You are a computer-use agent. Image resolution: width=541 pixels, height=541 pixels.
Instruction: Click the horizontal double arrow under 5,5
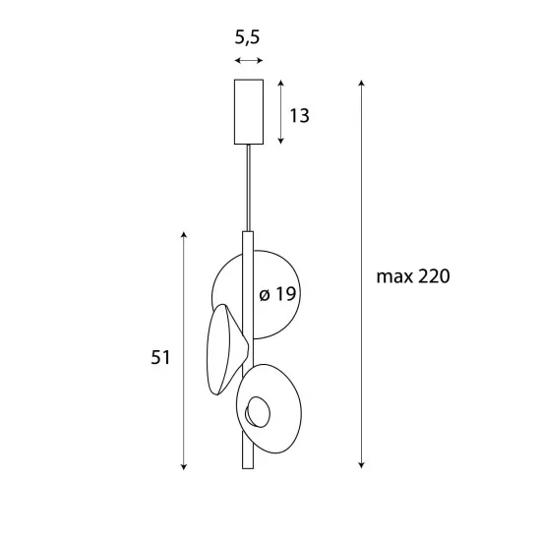[249, 61]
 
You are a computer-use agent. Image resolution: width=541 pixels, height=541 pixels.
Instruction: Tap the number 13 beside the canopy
[299, 116]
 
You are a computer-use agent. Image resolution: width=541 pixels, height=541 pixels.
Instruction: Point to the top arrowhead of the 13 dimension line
[281, 83]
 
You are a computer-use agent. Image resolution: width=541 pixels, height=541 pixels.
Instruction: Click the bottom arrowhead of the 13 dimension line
[281, 143]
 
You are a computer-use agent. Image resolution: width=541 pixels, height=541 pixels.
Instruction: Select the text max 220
[412, 276]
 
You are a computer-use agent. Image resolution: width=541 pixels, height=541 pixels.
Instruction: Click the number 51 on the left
[160, 358]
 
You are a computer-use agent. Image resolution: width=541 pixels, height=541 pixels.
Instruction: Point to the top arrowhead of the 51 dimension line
[184, 234]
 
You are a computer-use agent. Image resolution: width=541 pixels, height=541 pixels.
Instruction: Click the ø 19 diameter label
[277, 294]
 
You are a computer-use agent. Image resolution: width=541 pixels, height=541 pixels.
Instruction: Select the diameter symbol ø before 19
[265, 294]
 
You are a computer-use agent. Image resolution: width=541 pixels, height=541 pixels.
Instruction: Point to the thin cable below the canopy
[248, 187]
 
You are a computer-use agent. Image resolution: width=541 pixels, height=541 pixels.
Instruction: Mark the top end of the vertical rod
[248, 233]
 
